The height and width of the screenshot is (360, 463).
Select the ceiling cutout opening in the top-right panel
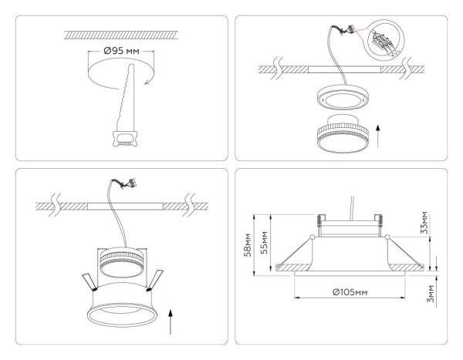tap(340, 69)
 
